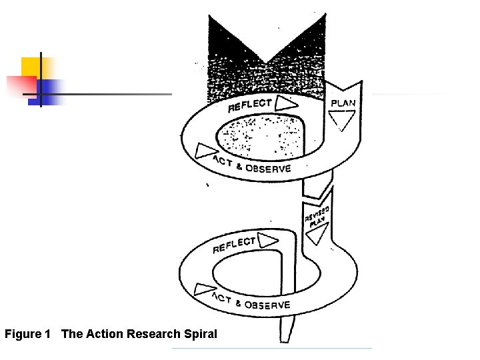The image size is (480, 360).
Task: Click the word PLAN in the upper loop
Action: tap(343, 103)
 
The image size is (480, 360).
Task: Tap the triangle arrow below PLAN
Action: tap(340, 120)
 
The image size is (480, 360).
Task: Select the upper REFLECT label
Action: tap(250, 105)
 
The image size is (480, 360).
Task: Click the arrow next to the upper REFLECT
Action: tap(285, 103)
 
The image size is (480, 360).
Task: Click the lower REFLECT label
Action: tap(234, 245)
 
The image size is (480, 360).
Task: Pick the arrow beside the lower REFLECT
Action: tap(268, 239)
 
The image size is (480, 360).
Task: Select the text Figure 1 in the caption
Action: tap(27, 333)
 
